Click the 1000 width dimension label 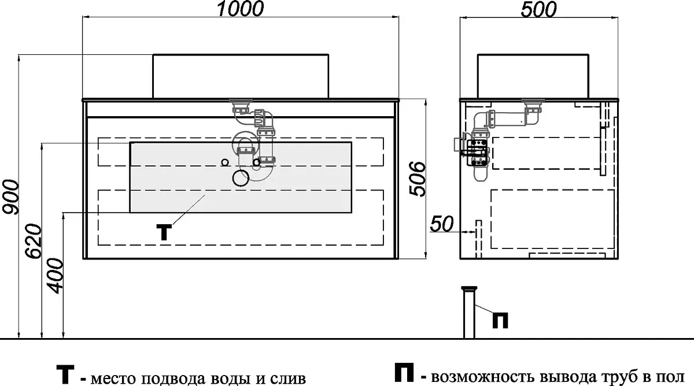(x=241, y=9)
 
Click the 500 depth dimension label (x=538, y=9)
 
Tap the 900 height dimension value (x=11, y=197)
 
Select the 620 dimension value (x=33, y=242)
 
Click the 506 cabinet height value (x=417, y=179)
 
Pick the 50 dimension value (x=442, y=224)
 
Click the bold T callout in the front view (x=164, y=232)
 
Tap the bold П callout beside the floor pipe (x=500, y=320)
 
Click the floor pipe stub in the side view (x=469, y=313)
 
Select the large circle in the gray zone (x=241, y=177)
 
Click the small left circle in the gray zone (x=225, y=162)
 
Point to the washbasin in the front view (x=241, y=76)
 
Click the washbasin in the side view (x=533, y=76)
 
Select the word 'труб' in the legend (x=621, y=377)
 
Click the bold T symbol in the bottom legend (x=65, y=374)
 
